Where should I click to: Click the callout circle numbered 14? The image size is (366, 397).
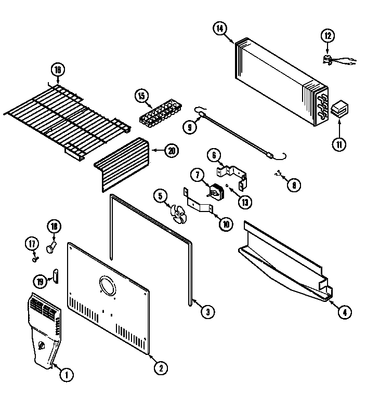pos(220,29)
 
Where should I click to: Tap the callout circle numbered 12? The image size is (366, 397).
pos(327,36)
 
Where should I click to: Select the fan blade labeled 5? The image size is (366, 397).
pos(178,214)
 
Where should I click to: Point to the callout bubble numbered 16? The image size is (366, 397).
pos(58,70)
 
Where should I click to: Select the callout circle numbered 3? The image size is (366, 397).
pos(207,312)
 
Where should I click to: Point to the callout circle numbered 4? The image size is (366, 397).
pos(344,312)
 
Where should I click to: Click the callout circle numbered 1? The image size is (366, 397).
pos(66,374)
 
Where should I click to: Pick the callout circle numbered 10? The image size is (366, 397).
pos(226,224)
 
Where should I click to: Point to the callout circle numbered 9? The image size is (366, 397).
pos(190,125)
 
